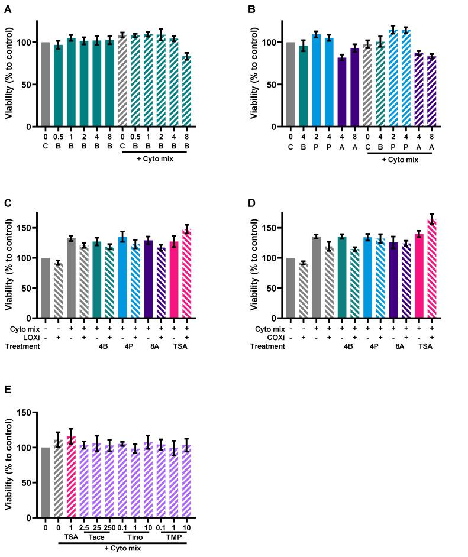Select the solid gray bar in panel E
click(x=46, y=482)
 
